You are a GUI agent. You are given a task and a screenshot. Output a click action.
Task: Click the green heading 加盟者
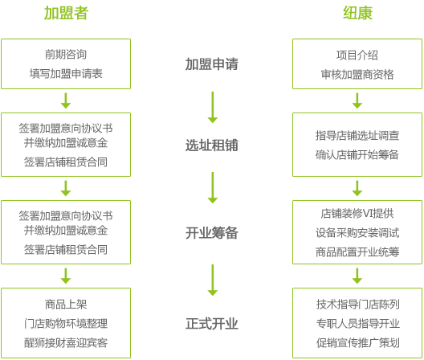click(x=66, y=13)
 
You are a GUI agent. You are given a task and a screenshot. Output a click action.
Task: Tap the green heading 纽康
click(x=357, y=13)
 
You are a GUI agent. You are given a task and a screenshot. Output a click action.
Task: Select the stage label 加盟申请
click(x=212, y=64)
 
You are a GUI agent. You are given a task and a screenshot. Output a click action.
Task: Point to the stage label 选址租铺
click(x=212, y=145)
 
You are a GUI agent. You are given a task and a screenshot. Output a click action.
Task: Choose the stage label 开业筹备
click(x=212, y=233)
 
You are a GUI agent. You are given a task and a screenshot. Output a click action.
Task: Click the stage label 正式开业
click(x=212, y=324)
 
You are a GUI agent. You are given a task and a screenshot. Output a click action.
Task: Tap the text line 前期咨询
click(x=66, y=55)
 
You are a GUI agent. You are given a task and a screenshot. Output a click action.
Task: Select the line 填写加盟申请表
click(x=66, y=74)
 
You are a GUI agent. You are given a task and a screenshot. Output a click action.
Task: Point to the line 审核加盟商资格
click(x=357, y=74)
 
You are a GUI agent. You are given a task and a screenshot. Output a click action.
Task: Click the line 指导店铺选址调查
click(x=357, y=135)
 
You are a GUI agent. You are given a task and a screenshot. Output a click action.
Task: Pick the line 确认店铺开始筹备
click(x=357, y=154)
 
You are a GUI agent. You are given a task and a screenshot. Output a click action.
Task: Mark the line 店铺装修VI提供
click(x=357, y=214)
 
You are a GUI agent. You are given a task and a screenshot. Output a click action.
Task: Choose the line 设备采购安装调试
click(x=357, y=233)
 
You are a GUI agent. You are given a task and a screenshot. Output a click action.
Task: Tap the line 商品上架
click(x=66, y=305)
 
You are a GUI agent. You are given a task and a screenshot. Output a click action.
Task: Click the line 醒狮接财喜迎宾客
click(x=66, y=342)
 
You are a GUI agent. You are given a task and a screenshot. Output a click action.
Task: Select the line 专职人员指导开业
click(x=358, y=324)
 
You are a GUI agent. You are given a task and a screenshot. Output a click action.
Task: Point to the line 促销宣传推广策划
click(x=358, y=342)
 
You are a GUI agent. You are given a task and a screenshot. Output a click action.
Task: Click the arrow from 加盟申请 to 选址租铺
click(x=213, y=107)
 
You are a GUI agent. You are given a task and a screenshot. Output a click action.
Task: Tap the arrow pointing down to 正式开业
click(x=213, y=280)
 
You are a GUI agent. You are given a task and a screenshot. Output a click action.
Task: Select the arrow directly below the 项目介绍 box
click(x=357, y=100)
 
